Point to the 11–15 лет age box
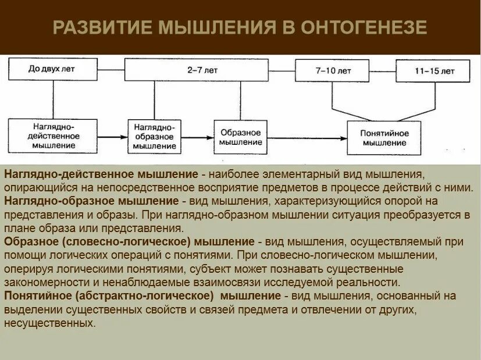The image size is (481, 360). pos(433,72)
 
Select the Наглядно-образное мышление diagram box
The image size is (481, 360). pos(155,136)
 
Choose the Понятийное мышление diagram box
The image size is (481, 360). pos(384,138)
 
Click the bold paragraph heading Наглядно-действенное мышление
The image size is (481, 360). pos(101,175)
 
